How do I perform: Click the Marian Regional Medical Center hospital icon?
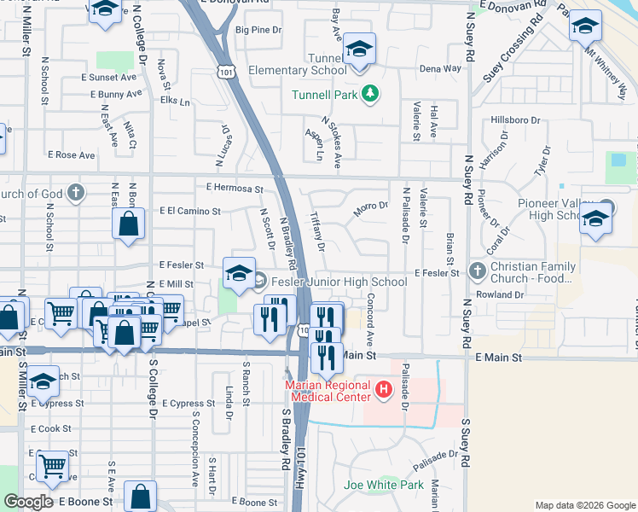click(384, 391)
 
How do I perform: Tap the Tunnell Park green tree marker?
click(370, 93)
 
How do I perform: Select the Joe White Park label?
click(383, 485)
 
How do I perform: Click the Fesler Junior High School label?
click(342, 282)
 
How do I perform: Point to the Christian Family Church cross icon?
click(477, 272)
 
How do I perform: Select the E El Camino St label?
click(189, 211)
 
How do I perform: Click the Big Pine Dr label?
click(258, 30)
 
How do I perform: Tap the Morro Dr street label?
click(371, 206)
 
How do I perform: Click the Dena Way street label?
click(440, 68)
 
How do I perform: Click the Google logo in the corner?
click(28, 501)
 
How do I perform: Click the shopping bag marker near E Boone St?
click(140, 497)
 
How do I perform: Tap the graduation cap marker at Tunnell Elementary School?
click(360, 51)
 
